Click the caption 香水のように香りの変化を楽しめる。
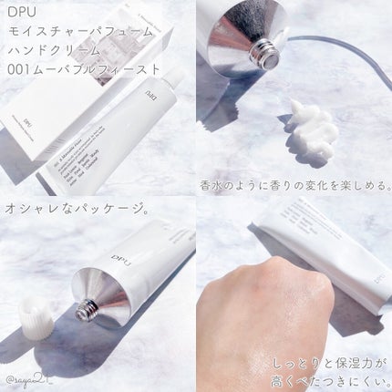tap(293, 186)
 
